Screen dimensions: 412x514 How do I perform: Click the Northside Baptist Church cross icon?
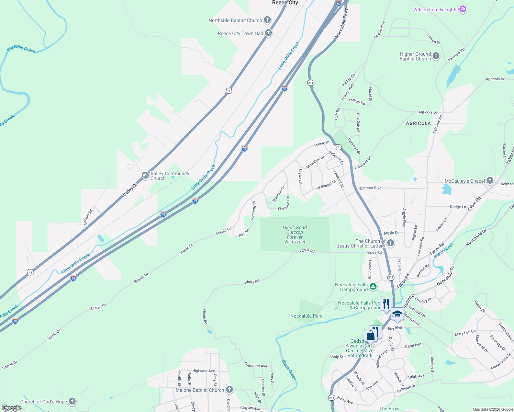click(267, 20)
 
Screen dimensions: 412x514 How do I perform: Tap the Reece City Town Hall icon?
click(268, 33)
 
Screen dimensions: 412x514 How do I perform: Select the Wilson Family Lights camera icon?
click(463, 10)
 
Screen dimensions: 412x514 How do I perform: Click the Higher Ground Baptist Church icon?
click(436, 56)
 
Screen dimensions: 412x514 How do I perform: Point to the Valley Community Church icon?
click(145, 175)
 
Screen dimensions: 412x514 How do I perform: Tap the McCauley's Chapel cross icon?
click(490, 181)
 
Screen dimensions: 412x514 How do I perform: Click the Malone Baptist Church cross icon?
click(230, 390)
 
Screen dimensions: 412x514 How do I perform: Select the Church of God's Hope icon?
click(72, 401)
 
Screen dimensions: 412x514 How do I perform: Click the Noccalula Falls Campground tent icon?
click(373, 287)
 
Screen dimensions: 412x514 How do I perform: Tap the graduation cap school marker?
click(397, 314)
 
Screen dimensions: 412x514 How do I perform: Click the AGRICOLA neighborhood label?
click(418, 123)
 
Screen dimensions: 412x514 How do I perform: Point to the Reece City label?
click(285, 3)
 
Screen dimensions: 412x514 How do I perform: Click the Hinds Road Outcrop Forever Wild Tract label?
click(295, 234)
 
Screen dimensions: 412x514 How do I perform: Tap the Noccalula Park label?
click(306, 316)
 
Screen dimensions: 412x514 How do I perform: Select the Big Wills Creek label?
click(21, 49)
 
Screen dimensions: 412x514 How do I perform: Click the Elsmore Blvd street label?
click(370, 188)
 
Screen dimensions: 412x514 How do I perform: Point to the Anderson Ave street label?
click(256, 365)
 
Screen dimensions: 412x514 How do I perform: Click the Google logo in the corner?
click(12, 408)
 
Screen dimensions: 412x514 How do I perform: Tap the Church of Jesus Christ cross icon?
click(390, 243)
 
